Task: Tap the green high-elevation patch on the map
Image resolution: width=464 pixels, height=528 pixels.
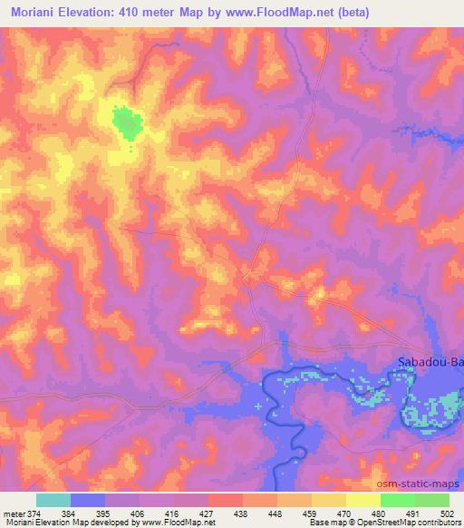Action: (x=127, y=122)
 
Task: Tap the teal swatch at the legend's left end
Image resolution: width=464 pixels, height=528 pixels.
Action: (x=53, y=500)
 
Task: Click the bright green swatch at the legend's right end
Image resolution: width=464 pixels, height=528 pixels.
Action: (x=432, y=500)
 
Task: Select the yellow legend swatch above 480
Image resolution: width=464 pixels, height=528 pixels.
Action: (x=363, y=500)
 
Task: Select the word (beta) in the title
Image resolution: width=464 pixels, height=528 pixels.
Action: (x=348, y=12)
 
